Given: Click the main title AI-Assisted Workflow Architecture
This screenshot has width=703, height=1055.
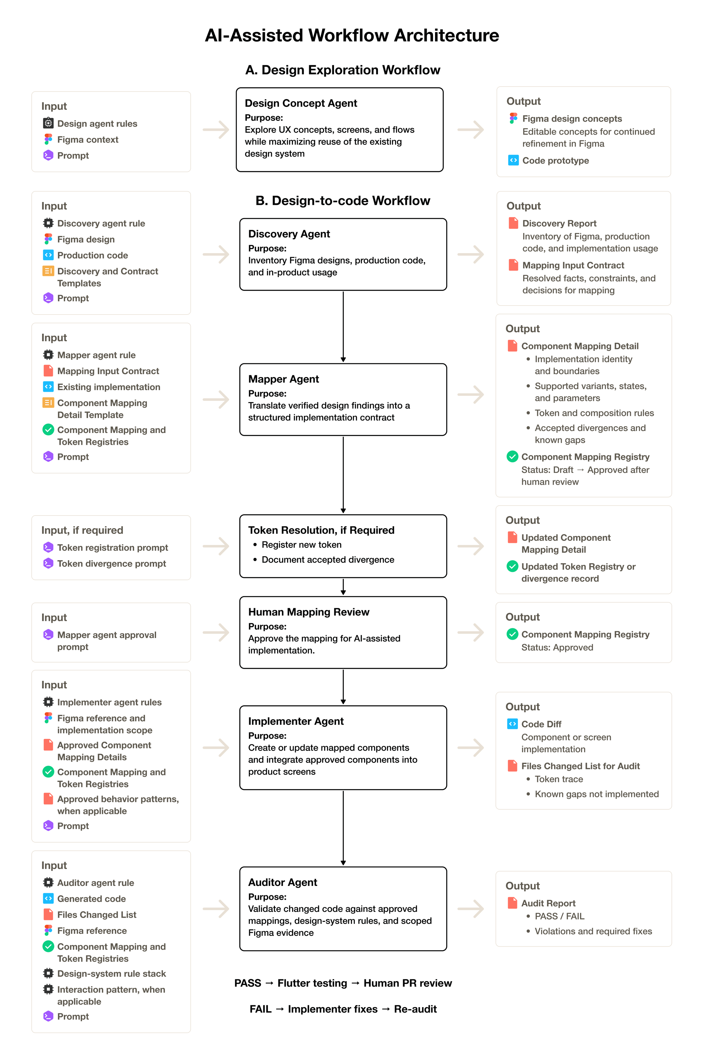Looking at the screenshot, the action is click(352, 35).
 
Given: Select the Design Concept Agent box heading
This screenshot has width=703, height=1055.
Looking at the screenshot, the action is click(301, 103).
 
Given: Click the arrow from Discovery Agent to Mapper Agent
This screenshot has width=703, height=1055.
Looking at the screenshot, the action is click(343, 327).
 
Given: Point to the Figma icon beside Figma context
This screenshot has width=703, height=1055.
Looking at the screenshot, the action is click(48, 140).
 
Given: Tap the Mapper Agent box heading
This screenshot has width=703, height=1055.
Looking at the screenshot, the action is click(283, 379).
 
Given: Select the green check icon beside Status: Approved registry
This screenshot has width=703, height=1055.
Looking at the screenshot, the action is click(512, 634).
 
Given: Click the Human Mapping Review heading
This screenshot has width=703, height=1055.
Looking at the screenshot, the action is click(309, 612).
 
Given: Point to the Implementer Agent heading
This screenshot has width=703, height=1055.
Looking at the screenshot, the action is click(296, 721).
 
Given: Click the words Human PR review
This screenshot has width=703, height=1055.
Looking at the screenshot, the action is click(407, 983).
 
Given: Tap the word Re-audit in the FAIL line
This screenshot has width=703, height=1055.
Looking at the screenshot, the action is click(415, 1009).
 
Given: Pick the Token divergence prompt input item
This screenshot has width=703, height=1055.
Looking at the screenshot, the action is click(112, 564).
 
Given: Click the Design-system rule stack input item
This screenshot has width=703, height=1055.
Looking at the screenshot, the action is click(112, 973).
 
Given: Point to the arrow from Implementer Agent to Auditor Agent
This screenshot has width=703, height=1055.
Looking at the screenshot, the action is click(343, 828).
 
